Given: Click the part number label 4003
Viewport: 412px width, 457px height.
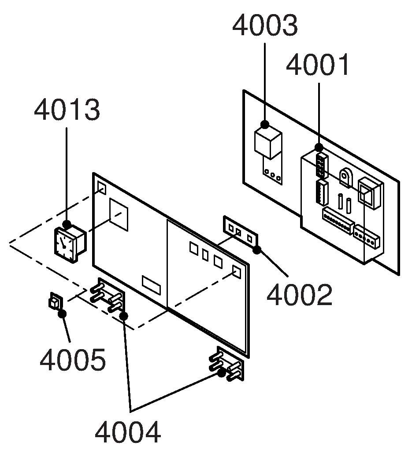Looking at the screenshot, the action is (x=265, y=26).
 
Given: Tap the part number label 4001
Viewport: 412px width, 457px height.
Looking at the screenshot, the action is (x=317, y=65).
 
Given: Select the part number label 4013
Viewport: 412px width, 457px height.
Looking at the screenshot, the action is (x=67, y=110).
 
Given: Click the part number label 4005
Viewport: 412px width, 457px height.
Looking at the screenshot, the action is (x=73, y=360).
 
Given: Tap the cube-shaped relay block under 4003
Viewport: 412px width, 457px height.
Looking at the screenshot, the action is (x=268, y=143).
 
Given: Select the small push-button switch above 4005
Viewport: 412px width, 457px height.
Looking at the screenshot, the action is (x=56, y=301).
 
